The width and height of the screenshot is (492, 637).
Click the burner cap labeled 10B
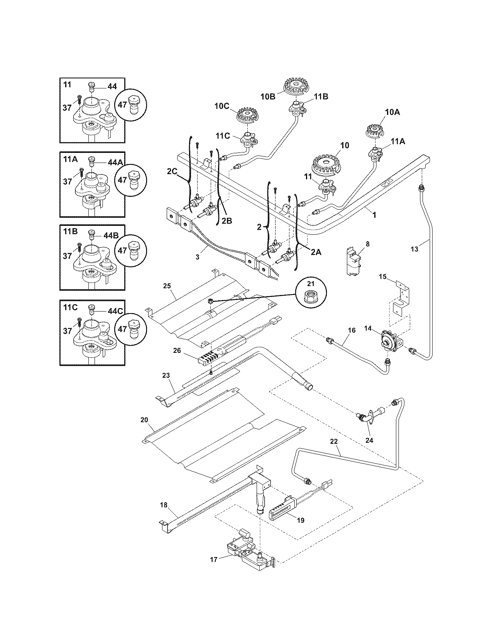(x=296, y=85)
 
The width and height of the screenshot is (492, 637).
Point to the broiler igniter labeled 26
(x=210, y=359)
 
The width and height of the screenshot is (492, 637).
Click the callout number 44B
(x=111, y=235)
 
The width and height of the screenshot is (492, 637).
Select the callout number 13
(x=414, y=249)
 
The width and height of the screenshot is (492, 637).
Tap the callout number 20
(x=144, y=420)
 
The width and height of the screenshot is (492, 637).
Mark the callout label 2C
(x=172, y=171)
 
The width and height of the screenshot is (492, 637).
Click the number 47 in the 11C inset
(x=122, y=329)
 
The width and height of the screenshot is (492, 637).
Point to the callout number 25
(x=167, y=286)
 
